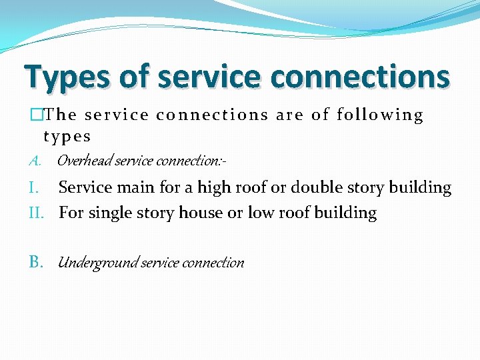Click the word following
point(380,115)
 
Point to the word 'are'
point(291,115)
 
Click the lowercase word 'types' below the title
point(67,137)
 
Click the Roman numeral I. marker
point(37,188)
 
